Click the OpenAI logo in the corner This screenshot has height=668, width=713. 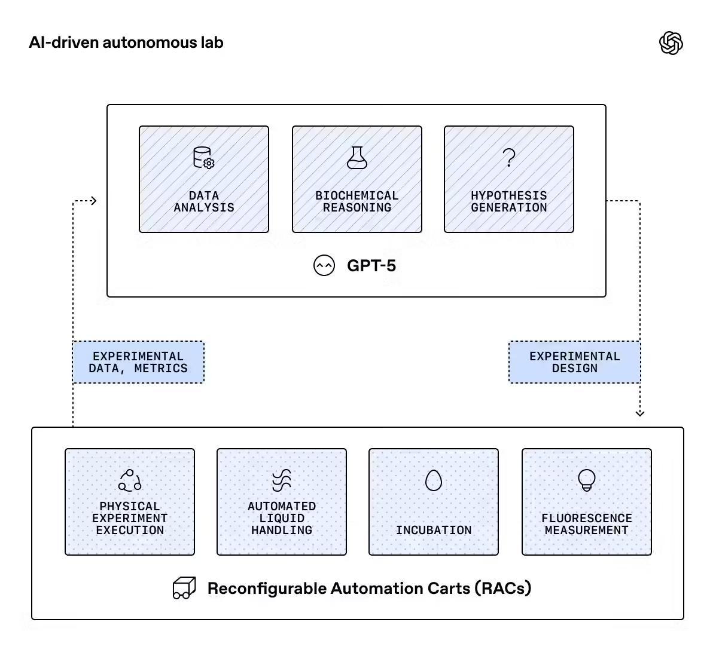click(671, 43)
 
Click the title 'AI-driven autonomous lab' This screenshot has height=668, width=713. click(126, 42)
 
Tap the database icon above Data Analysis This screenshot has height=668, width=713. click(203, 158)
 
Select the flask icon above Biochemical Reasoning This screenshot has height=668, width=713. click(357, 158)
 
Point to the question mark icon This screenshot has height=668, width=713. click(509, 158)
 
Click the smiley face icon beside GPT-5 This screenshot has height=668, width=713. click(324, 265)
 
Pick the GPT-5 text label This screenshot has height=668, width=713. click(371, 265)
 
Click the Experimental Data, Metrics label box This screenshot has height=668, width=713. click(138, 362)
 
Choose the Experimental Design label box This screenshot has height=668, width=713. click(574, 362)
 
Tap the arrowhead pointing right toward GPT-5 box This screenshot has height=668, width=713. click(93, 201)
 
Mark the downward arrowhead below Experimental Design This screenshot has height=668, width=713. click(640, 413)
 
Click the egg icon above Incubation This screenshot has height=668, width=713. click(434, 480)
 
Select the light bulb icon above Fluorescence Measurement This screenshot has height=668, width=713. click(587, 480)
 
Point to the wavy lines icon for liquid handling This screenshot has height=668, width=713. click(282, 480)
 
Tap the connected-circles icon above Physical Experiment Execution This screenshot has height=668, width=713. click(130, 480)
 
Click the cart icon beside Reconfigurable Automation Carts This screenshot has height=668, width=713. click(184, 588)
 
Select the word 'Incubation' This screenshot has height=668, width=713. click(434, 530)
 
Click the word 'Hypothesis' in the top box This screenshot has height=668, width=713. click(509, 195)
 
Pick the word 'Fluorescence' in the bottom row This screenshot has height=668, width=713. click(587, 518)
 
